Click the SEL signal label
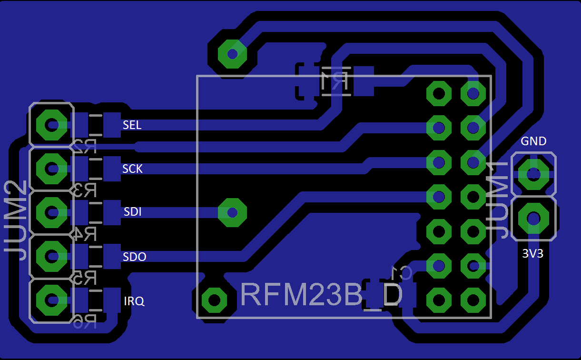point(132,125)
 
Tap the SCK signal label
point(132,169)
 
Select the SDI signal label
point(133,212)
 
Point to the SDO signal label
point(135,257)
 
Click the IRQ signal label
point(134,301)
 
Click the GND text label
point(533,141)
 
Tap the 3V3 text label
point(532,254)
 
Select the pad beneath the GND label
point(533,174)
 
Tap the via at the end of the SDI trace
point(232,212)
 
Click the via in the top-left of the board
point(232,54)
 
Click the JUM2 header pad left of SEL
point(51,125)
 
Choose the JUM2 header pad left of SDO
point(51,256)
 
